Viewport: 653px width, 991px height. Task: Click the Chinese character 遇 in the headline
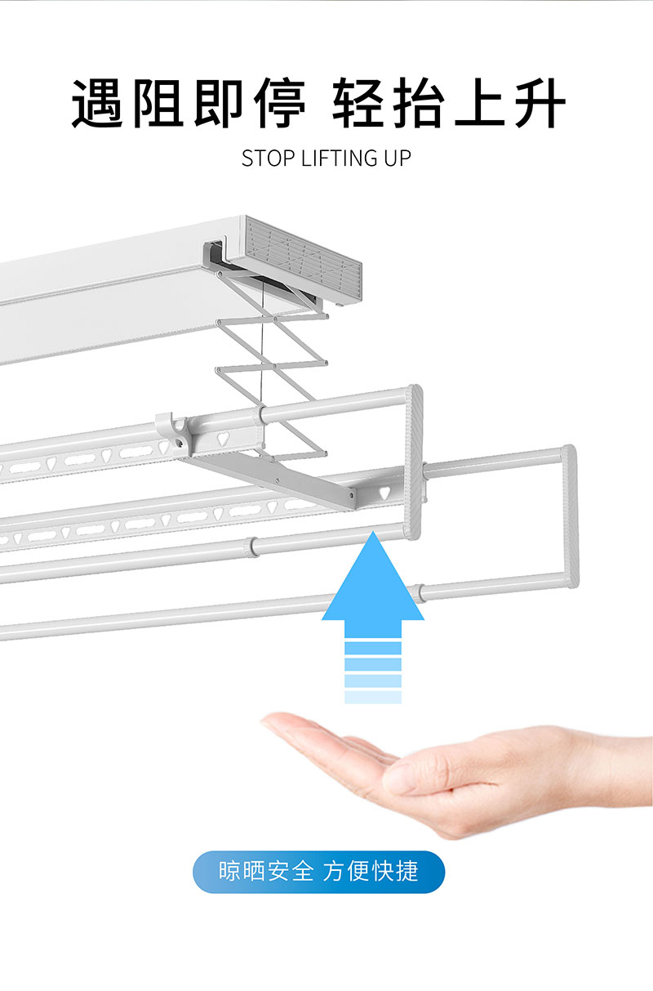97,103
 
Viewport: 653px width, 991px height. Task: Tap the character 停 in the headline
280,103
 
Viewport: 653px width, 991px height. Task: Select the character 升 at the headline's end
540,103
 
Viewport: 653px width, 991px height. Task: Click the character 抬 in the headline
419,103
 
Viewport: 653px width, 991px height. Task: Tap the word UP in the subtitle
397,158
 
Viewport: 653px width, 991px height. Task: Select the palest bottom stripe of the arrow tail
373,697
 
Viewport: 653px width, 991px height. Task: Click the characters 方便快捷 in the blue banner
371,871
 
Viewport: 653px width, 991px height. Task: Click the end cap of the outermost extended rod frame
571,516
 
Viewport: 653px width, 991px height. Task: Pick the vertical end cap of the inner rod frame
414,462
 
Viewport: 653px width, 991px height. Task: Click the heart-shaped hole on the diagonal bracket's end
384,493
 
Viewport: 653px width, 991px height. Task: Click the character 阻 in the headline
158,103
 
